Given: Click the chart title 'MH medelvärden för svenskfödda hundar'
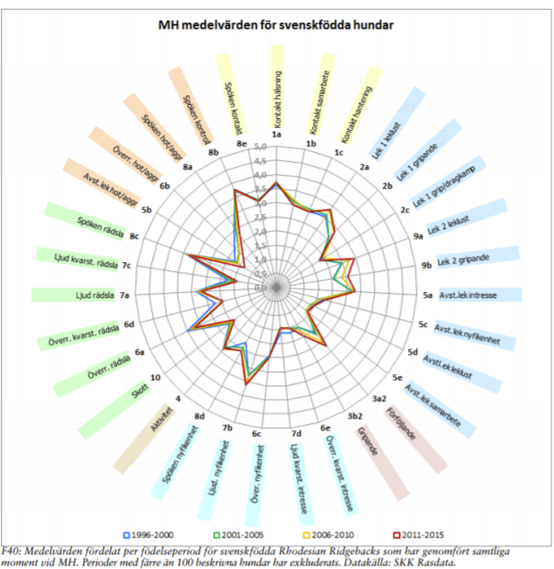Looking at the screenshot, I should tap(275, 25).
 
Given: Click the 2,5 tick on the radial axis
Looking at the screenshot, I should tap(260, 218).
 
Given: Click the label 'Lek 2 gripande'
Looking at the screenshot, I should tap(463, 260).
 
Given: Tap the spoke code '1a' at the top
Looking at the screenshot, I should tap(277, 135).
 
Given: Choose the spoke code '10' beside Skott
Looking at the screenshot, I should tap(154, 378).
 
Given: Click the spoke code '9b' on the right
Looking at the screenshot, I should tap(427, 264).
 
